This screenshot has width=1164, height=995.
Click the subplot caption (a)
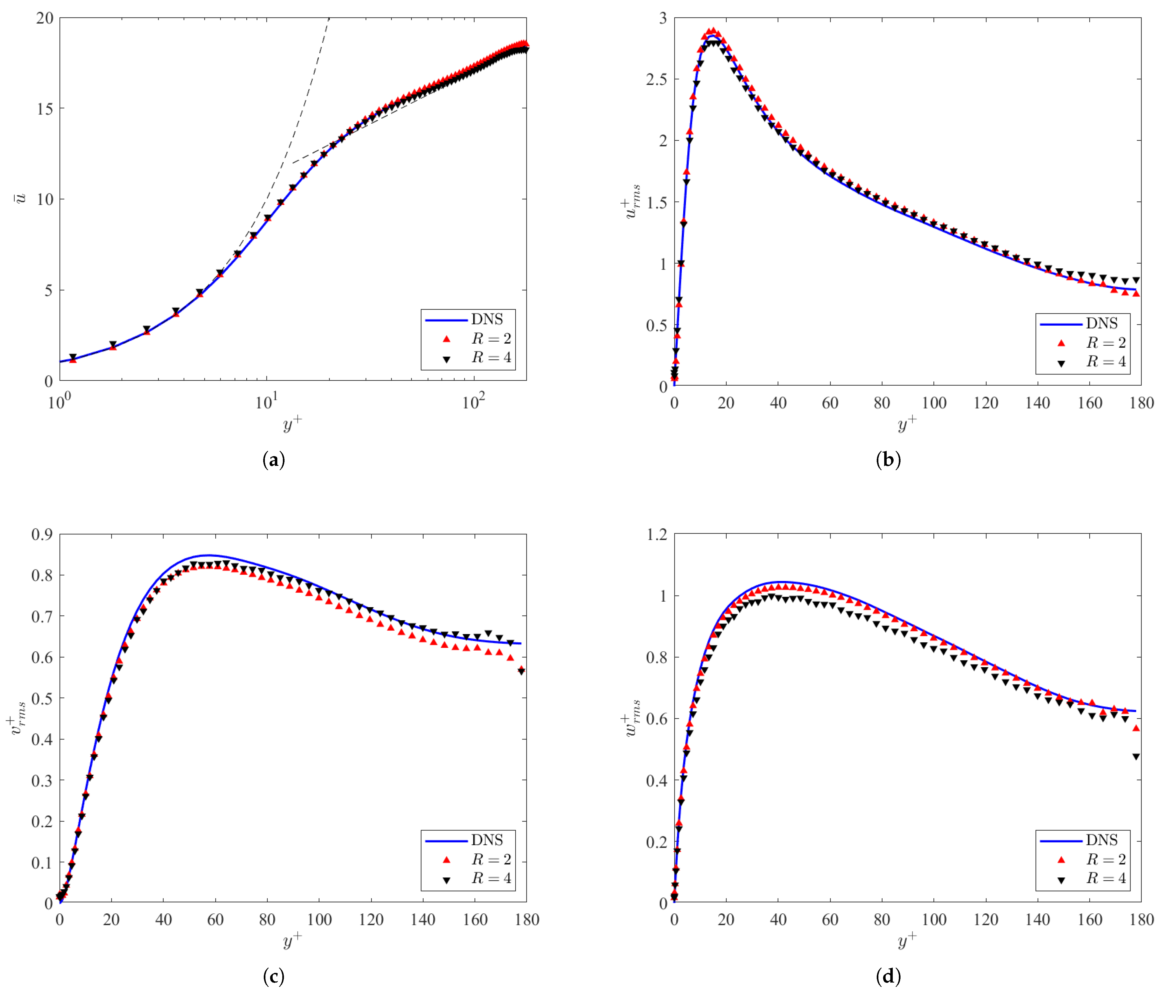coord(274,460)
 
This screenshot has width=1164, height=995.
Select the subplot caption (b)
coord(888,460)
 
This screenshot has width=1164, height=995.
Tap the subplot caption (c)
coord(274,976)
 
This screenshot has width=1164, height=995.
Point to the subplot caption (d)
coord(888,976)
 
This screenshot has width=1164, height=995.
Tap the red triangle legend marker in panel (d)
coord(1061,859)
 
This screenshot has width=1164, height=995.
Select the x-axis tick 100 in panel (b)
coord(934,402)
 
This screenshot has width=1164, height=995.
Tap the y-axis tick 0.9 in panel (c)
coord(42,534)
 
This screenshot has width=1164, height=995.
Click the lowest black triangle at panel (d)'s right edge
coord(1136,757)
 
